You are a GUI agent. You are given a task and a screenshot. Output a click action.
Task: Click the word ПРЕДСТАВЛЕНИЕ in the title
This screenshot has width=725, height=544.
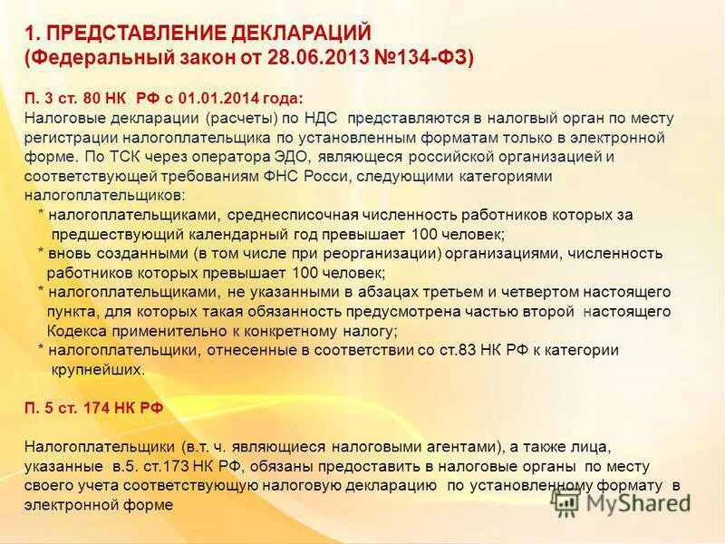tap(134, 34)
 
